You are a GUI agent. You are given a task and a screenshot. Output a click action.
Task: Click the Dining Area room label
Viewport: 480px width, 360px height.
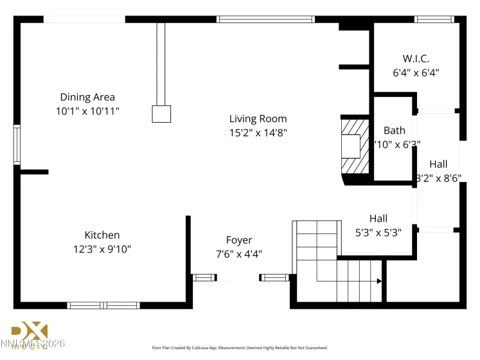tap(87, 97)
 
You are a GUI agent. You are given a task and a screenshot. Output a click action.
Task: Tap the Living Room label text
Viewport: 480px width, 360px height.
tap(258, 119)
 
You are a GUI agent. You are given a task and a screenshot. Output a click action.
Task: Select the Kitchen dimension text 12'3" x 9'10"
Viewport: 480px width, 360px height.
tap(102, 249)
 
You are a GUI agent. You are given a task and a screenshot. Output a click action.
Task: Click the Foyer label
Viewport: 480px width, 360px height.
tap(238, 240)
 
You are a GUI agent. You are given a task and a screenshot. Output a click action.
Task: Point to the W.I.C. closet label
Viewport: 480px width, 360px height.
tap(416, 59)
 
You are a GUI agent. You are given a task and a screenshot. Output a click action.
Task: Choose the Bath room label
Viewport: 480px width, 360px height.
tap(394, 130)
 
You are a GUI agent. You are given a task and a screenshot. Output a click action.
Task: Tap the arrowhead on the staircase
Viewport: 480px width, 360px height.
tap(379, 281)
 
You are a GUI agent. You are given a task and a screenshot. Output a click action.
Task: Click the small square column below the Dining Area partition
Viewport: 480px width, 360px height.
tap(161, 114)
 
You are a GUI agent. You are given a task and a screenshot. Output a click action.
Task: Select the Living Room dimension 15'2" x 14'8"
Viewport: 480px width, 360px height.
tap(258, 133)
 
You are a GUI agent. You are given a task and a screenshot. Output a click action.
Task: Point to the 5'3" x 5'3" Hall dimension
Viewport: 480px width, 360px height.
tap(378, 233)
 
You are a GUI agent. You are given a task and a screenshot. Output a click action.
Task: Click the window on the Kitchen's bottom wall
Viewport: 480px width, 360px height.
tap(104, 305)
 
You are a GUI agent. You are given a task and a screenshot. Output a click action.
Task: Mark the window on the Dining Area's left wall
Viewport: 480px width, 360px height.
tap(17, 145)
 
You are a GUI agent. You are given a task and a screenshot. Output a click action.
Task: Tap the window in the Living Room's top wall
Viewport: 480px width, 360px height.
tap(265, 19)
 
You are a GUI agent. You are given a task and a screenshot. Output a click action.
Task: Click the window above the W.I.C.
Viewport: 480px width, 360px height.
tap(434, 19)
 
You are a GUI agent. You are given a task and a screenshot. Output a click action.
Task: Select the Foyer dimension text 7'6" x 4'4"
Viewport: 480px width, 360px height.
tap(238, 253)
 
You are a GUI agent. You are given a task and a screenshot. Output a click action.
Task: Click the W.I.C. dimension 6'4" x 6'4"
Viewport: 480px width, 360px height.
tap(416, 73)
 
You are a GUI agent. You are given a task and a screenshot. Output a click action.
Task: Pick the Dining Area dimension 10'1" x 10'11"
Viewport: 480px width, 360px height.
tap(87, 111)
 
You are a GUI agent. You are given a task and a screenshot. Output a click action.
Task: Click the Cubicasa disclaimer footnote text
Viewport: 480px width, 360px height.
tap(239, 347)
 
